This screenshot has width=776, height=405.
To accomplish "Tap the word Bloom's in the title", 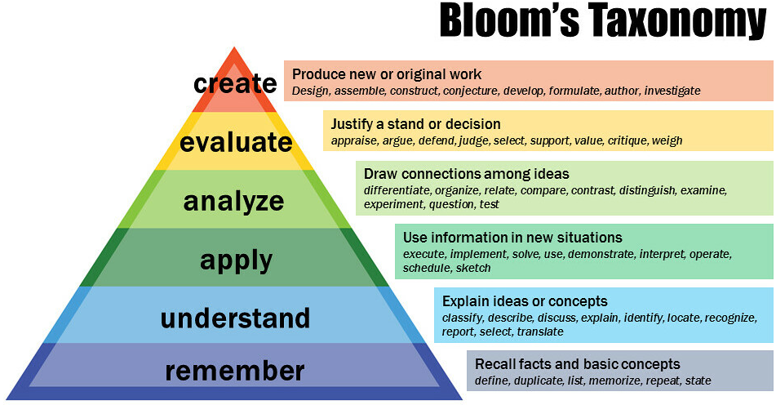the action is (x=509, y=20).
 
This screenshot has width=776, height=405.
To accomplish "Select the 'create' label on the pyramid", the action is (x=235, y=83).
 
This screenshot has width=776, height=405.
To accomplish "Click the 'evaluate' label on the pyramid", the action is (x=236, y=142).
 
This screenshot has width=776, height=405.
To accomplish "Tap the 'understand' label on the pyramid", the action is (x=235, y=318).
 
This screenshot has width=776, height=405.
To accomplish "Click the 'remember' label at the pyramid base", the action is (x=234, y=372).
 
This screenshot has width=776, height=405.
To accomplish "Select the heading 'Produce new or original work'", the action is (x=387, y=75).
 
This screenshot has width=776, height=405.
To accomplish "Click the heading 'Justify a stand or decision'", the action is (x=415, y=124).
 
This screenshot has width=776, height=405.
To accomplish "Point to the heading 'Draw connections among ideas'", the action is (x=466, y=174).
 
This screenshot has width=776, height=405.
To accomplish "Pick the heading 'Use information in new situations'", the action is (x=512, y=238).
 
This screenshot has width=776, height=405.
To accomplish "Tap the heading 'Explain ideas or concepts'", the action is (x=525, y=301).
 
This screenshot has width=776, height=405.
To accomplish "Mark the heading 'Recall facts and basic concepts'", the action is (x=577, y=364).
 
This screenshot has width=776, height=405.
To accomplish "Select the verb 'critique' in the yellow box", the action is (x=627, y=141).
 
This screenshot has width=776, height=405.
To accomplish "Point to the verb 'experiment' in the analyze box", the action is (x=393, y=204).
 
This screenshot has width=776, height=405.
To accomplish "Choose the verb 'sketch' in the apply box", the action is (x=473, y=268).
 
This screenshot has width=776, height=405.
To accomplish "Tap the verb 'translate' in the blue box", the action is (x=540, y=332).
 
